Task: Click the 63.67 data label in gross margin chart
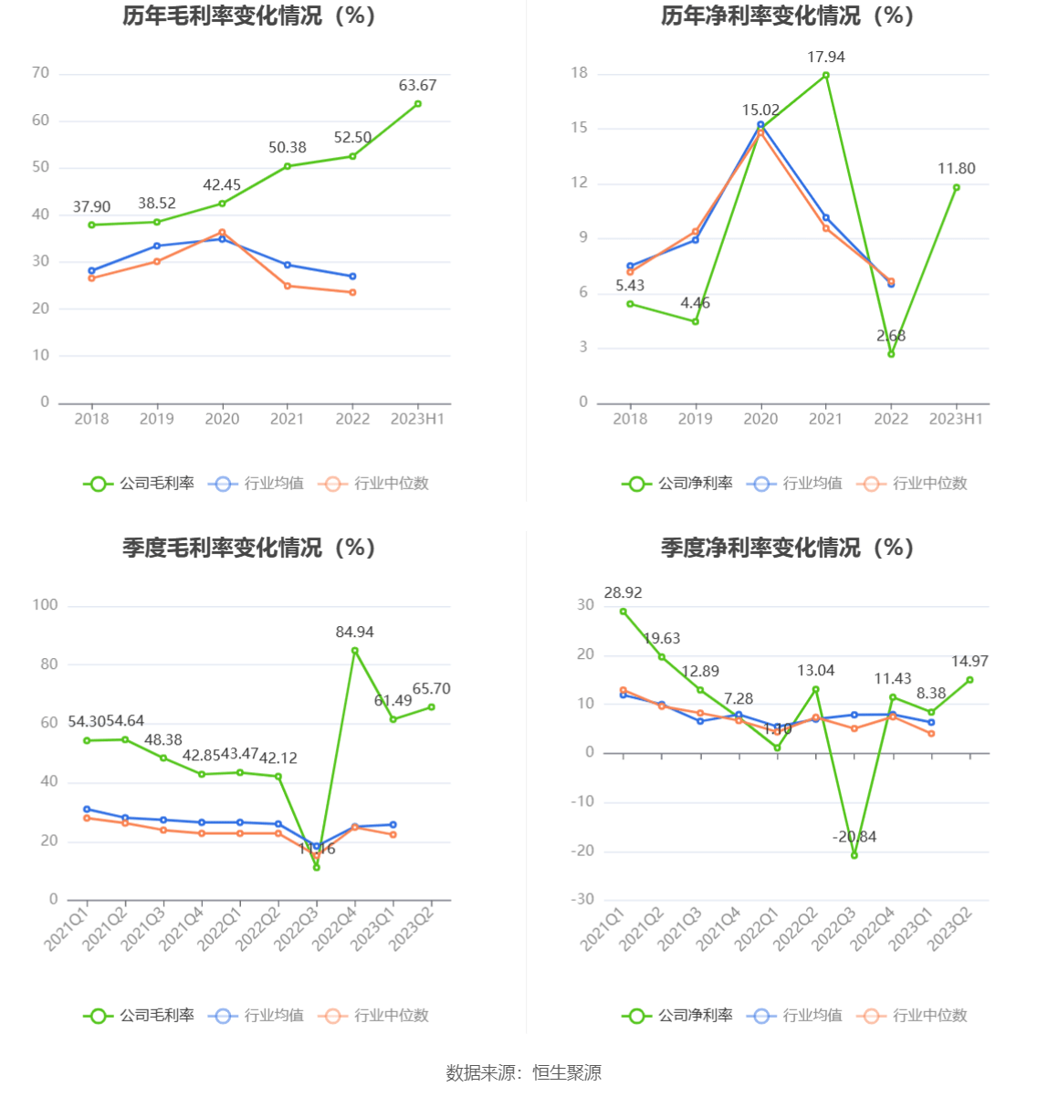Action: pos(417,86)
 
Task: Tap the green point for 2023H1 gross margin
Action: pos(418,104)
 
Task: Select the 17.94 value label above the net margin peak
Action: pos(826,57)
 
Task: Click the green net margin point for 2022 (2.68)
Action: pos(891,354)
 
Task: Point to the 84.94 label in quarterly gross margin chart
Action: pos(354,632)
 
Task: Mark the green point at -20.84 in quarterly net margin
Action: pos(854,855)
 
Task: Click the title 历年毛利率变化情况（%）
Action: pos(249,16)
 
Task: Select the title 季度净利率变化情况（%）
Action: pos(787,548)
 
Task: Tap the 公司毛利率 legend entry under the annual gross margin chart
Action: pos(140,484)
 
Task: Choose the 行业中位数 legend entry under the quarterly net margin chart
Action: pos(913,1016)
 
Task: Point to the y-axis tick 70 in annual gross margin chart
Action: pos(40,73)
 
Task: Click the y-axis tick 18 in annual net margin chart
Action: pos(580,73)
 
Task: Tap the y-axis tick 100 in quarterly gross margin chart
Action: pos(45,605)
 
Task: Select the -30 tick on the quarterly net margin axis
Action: pos(582,900)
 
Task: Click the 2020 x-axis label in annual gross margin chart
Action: pos(222,419)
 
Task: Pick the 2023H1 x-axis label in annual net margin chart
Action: pos(956,419)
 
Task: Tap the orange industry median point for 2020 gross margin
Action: pos(222,233)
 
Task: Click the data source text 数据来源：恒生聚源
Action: pos(523,1073)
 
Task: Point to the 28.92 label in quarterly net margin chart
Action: pos(623,593)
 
